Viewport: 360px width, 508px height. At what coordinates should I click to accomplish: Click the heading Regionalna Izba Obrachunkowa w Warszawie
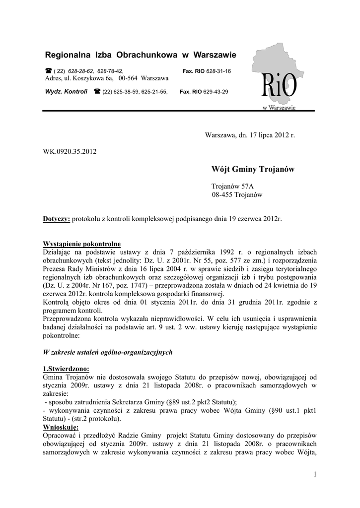tap(141, 54)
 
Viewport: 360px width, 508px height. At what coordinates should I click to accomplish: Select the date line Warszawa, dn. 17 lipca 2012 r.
tap(250, 135)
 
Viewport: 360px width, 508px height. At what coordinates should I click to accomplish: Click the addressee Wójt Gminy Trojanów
tap(253, 170)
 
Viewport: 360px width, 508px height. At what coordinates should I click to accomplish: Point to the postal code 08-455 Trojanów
tap(237, 195)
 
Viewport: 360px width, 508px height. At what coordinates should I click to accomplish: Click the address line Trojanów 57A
tap(232, 186)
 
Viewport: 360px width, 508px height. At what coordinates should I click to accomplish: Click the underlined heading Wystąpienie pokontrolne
tap(81, 244)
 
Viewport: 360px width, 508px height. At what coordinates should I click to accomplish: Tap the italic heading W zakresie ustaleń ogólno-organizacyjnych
tap(107, 352)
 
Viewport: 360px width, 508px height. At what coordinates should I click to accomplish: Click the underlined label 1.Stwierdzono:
tap(66, 369)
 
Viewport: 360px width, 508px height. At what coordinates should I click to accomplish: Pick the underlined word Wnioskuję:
tap(61, 427)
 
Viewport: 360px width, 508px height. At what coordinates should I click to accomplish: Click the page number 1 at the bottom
tap(315, 475)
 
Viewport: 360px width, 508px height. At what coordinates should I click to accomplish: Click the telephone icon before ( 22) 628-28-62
tap(48, 71)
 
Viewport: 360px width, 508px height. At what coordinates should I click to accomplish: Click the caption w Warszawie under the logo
tap(279, 108)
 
